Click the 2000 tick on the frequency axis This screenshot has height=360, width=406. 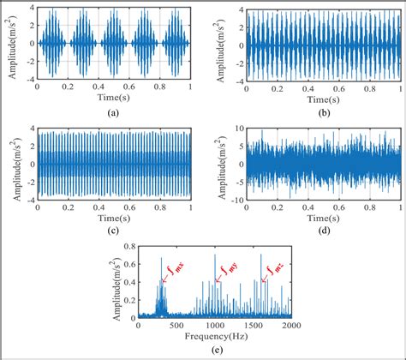(291, 326)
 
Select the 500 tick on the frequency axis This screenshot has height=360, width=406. (176, 326)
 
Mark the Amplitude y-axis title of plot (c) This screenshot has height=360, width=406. (9, 164)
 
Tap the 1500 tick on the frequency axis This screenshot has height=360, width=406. (253, 326)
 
